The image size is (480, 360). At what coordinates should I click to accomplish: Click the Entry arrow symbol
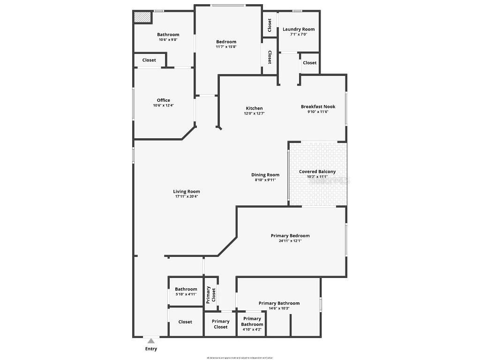point(151,341)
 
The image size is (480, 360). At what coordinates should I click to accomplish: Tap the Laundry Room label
point(299,29)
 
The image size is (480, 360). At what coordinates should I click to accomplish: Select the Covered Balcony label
point(317,172)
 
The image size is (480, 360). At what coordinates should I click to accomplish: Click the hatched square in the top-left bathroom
point(142,17)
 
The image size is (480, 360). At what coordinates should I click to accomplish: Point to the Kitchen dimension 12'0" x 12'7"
point(254,113)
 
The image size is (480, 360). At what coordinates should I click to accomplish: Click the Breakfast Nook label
point(318,106)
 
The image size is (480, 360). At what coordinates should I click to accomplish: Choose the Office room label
point(163,100)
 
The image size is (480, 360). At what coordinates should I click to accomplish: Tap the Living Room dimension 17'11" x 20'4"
point(187,196)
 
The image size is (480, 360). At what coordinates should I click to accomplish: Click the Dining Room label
point(265,175)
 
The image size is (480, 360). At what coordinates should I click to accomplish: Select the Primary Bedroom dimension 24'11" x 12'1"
point(290,240)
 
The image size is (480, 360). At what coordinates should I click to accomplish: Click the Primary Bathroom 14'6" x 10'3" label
point(279,303)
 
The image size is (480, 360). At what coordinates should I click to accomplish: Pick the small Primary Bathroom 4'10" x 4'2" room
point(252,324)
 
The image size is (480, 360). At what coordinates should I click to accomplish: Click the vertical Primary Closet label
point(211,294)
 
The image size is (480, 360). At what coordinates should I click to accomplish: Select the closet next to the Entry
point(185,322)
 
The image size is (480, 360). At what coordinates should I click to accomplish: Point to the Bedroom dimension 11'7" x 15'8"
point(226,47)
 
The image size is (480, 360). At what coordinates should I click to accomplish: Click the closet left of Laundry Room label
point(270,25)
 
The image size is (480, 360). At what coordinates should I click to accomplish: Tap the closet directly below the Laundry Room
point(309,62)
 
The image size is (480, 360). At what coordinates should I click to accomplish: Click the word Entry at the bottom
point(151,349)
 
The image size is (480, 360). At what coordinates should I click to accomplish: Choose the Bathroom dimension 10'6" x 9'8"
point(168,39)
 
